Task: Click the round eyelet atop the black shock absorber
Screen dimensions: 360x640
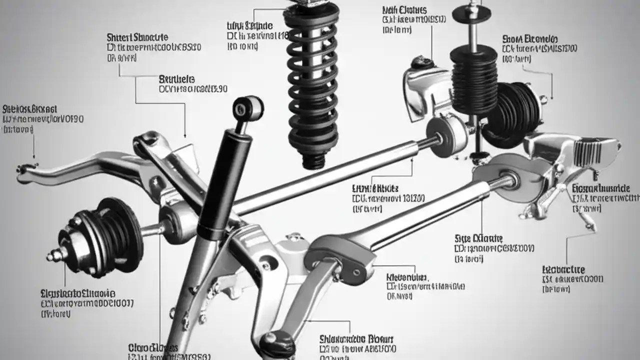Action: (248, 107)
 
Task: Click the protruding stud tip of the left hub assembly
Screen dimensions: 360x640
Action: (51, 256)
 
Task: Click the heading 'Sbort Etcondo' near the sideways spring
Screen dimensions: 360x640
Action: (529, 39)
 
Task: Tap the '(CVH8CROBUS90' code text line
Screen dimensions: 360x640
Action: (192, 89)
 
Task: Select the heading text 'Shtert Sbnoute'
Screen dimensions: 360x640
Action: (137, 37)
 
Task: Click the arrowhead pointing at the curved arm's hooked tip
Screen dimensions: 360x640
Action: (34, 157)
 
